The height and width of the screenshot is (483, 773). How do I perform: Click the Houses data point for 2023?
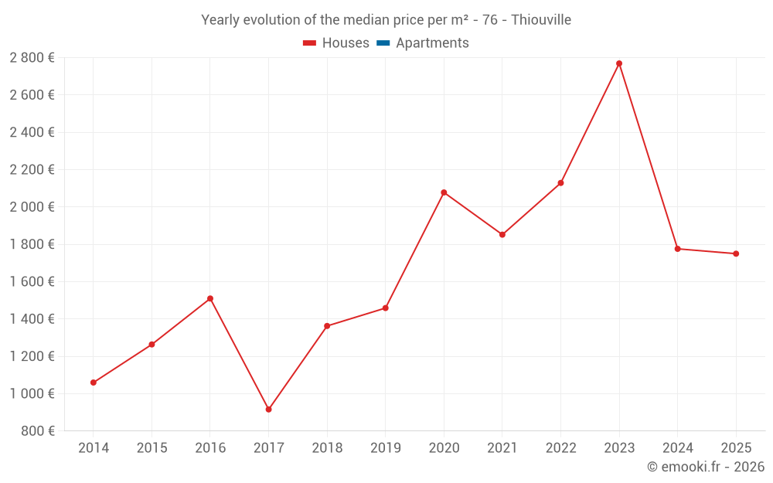pyautogui.click(x=619, y=63)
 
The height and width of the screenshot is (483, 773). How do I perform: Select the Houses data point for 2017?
pyautogui.click(x=268, y=409)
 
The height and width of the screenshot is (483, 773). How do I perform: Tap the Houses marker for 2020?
pyautogui.click(x=444, y=192)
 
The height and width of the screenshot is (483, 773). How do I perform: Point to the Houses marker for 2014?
pyautogui.click(x=94, y=383)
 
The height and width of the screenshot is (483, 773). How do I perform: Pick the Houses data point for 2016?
pyautogui.click(x=210, y=298)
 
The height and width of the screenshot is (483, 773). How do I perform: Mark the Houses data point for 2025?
pyautogui.click(x=736, y=253)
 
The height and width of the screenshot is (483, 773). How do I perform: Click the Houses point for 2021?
pyautogui.click(x=502, y=234)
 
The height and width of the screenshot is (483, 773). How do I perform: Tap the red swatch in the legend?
pyautogui.click(x=310, y=43)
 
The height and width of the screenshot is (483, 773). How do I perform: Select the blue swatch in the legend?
pyautogui.click(x=383, y=43)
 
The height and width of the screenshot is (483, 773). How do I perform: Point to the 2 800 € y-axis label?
pyautogui.click(x=32, y=58)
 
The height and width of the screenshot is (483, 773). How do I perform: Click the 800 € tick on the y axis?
pyautogui.click(x=38, y=431)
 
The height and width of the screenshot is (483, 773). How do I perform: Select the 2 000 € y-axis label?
pyautogui.click(x=32, y=207)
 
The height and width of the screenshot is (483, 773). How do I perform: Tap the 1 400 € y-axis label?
pyautogui.click(x=32, y=319)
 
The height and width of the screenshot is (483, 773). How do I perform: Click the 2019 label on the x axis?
pyautogui.click(x=385, y=448)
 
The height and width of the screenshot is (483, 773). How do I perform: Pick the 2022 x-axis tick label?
pyautogui.click(x=560, y=448)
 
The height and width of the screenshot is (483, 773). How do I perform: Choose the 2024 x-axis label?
pyautogui.click(x=677, y=448)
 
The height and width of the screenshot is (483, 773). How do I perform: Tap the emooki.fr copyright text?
pyautogui.click(x=705, y=467)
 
